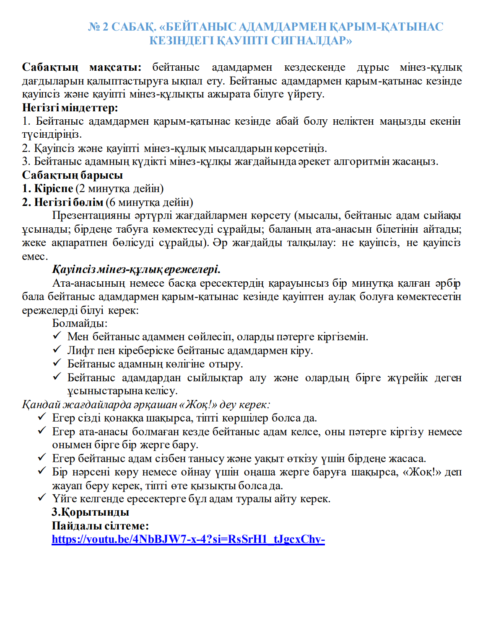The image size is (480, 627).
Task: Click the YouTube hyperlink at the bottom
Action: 188,539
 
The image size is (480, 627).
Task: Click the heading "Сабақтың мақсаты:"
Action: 82,67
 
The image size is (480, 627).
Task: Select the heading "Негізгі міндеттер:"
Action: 70,108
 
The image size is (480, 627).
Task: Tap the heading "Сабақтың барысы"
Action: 73,175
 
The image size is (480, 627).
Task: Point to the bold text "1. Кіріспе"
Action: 48,189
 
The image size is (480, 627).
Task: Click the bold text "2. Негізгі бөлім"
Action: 63,203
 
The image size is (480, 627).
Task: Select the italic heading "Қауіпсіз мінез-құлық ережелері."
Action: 136,269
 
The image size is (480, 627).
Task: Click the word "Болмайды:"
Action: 80,323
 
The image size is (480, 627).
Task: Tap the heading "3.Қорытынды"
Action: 90,512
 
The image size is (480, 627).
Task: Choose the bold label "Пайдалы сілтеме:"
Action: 100,526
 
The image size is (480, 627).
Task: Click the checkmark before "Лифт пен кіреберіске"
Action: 57,349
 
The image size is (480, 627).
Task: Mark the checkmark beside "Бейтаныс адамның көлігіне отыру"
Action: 57,363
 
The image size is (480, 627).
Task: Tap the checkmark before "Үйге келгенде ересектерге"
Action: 42,498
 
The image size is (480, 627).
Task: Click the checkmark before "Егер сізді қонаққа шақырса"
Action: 42,417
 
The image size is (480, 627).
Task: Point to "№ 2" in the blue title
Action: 98,27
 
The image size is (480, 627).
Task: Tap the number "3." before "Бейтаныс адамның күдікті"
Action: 26,162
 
